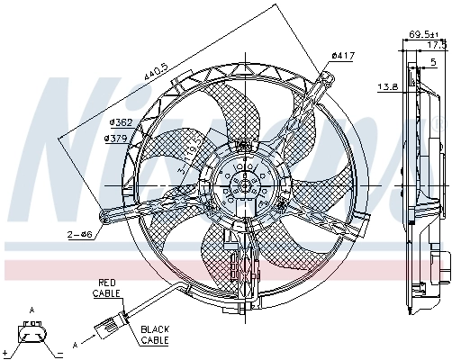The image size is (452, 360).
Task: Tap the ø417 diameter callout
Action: [341, 56]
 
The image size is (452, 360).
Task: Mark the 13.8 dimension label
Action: [387, 87]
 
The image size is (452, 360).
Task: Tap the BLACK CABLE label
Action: [155, 336]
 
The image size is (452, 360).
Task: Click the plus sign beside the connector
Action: [6, 353]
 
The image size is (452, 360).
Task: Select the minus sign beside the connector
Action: [57, 353]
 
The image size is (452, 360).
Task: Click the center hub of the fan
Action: [240, 185]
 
